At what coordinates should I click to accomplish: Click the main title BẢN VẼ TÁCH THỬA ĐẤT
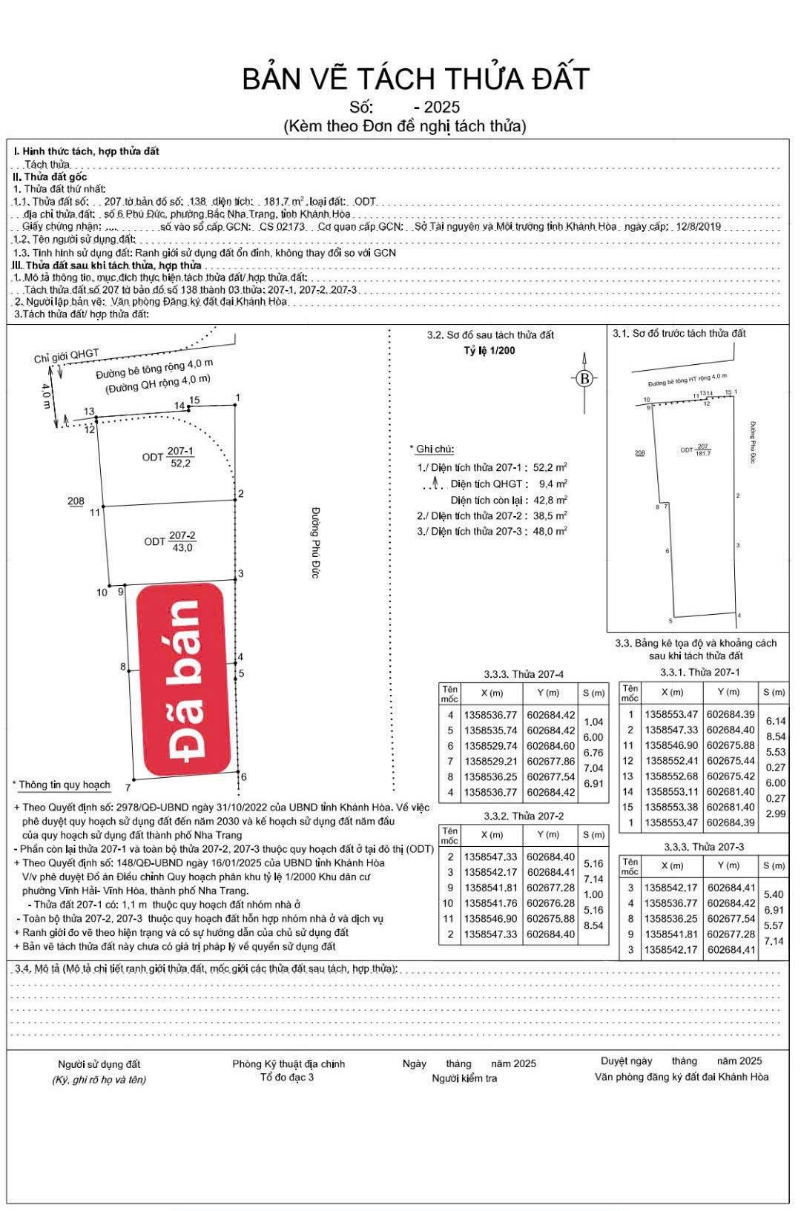coord(415,79)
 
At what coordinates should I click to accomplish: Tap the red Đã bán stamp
coord(182,679)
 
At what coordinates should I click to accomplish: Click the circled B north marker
coord(585,379)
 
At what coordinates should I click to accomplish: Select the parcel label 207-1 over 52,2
coord(179,457)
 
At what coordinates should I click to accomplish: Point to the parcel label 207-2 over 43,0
coord(182,541)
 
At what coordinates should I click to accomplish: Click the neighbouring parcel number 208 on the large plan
coord(76,501)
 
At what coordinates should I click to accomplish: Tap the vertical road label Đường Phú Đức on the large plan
coord(314,543)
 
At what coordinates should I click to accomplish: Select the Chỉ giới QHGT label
coord(66,357)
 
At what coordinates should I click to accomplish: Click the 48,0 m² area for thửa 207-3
coord(552,531)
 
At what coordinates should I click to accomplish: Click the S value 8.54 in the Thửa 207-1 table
coord(776,736)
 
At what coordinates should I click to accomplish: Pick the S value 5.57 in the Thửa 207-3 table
coord(774,925)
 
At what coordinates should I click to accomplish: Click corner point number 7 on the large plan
coord(128,788)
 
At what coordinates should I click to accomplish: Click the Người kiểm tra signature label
coord(464,1078)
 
